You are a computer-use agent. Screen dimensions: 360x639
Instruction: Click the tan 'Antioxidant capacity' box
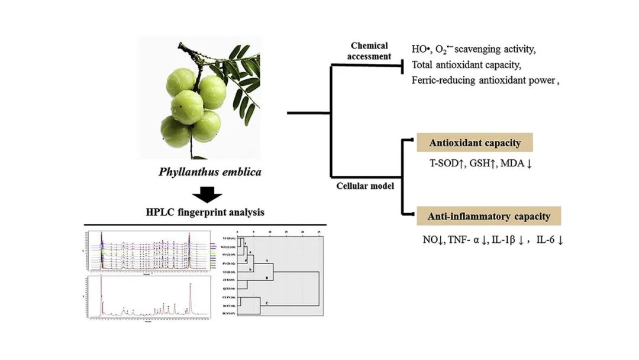475,143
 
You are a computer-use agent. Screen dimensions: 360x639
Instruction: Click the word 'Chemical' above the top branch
369,46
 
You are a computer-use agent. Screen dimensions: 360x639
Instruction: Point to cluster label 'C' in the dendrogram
266,303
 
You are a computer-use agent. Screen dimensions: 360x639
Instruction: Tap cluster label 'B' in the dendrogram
266,277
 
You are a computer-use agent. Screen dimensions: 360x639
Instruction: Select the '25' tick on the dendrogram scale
319,232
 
